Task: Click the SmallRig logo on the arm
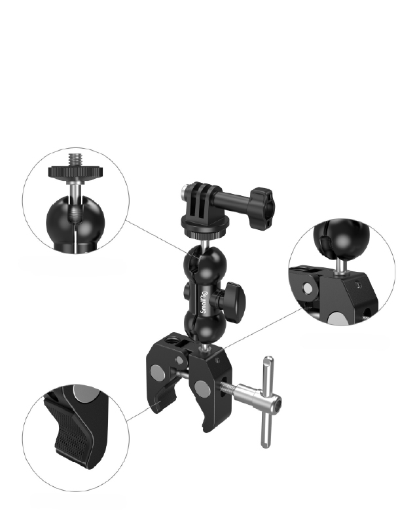pyautogui.click(x=204, y=303)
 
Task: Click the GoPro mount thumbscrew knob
pyautogui.click(x=261, y=208)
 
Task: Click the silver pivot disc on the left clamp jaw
pyautogui.click(x=158, y=372)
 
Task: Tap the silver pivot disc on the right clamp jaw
pyautogui.click(x=202, y=388)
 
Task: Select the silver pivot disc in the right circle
pyautogui.click(x=307, y=288)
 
